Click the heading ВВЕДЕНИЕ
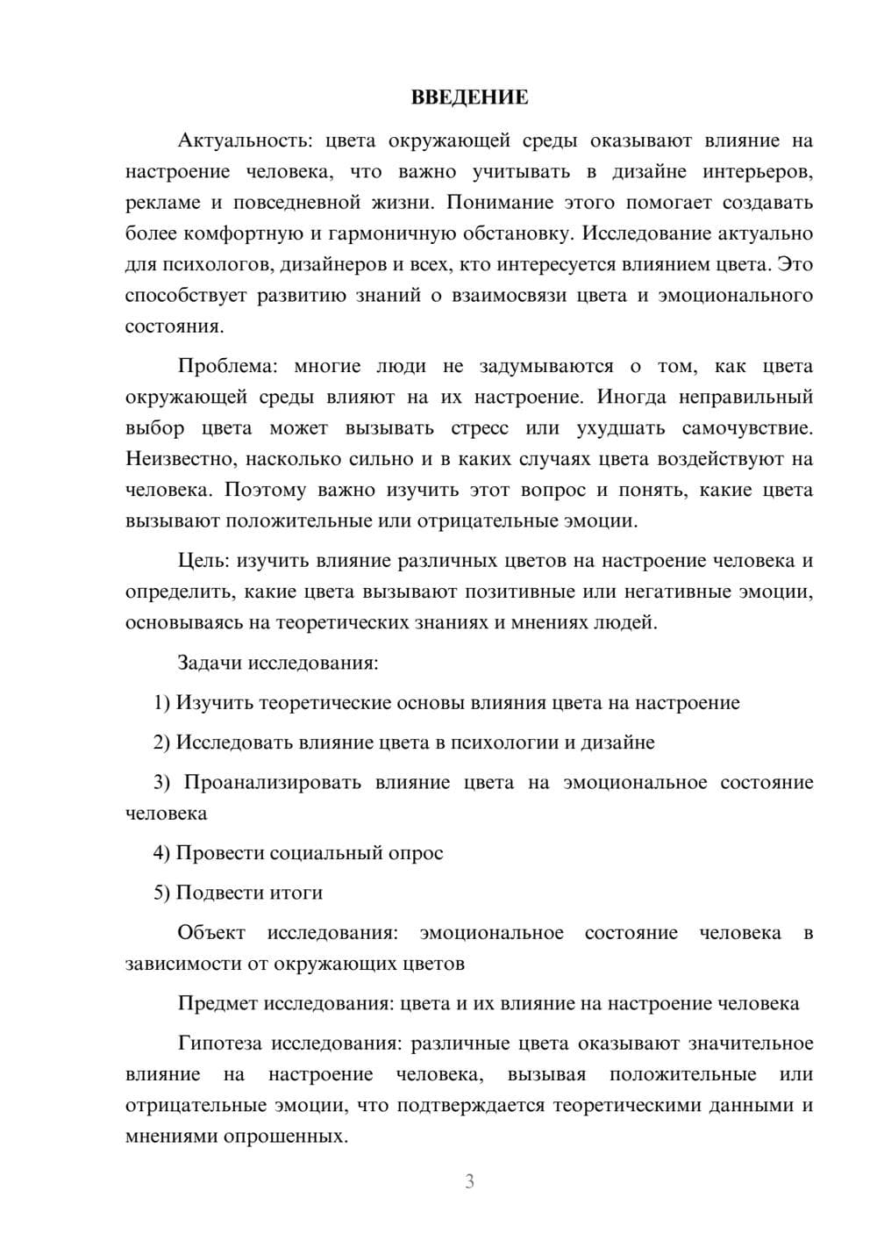click(x=469, y=97)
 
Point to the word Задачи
click(x=210, y=663)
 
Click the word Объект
click(x=211, y=933)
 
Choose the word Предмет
click(x=217, y=1003)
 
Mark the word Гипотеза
click(x=220, y=1044)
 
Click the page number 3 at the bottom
click(x=469, y=1181)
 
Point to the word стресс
click(x=480, y=428)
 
